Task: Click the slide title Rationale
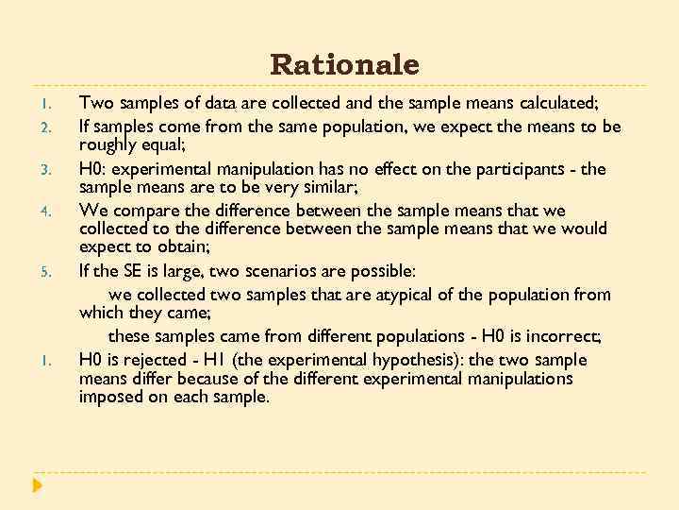point(344,65)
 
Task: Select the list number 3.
point(57,170)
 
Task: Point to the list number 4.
point(57,212)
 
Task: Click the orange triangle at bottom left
point(37,485)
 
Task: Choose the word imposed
point(111,397)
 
